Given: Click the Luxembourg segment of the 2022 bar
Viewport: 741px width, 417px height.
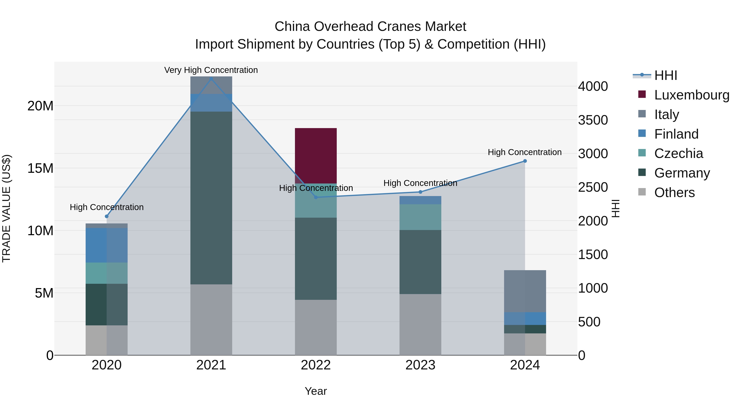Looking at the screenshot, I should coord(316,155).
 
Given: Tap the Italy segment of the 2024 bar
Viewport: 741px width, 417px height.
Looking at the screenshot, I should coord(525,291).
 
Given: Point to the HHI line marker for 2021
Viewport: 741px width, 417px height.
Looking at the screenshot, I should coord(211,79).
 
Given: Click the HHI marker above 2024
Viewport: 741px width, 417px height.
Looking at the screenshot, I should coord(525,161).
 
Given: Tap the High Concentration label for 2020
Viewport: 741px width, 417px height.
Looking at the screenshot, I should coord(106,207).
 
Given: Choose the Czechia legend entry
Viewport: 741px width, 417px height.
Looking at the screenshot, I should coord(678,153).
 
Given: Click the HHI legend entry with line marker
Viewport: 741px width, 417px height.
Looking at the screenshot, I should coord(665,75).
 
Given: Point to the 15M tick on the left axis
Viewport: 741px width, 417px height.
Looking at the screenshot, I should coord(40,168).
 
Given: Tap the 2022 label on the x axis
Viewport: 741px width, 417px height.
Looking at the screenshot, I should coord(316,365).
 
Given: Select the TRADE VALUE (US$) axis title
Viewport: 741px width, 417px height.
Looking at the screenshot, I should coord(6,208).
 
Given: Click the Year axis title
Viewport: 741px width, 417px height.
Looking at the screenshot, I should coord(316,391).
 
